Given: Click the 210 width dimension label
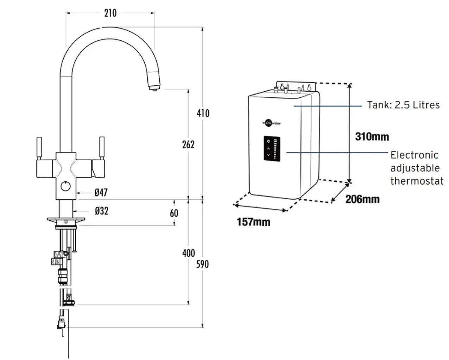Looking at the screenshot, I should (x=110, y=13).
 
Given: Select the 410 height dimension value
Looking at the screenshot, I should (x=203, y=113).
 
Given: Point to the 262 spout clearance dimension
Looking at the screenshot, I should (x=188, y=144).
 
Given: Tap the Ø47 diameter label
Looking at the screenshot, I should (x=101, y=192).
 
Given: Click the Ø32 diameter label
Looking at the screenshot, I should (x=101, y=211).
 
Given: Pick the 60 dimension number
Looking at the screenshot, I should (x=174, y=213).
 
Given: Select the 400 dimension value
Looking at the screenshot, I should (x=188, y=253).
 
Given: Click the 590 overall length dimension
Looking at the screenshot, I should (x=202, y=264).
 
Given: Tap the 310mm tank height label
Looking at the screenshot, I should (x=372, y=136).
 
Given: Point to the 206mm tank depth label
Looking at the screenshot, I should (x=362, y=199).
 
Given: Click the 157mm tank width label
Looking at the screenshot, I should (x=253, y=222).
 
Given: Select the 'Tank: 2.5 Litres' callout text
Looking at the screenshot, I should (x=403, y=105).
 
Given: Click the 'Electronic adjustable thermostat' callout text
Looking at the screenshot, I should (x=416, y=168).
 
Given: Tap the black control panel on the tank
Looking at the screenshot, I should (x=272, y=149).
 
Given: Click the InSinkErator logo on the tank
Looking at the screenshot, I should (x=271, y=123).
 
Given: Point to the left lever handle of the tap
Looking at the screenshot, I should (x=39, y=148).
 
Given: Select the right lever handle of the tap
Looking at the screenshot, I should (x=102, y=148).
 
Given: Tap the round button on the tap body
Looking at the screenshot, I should (x=65, y=187).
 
